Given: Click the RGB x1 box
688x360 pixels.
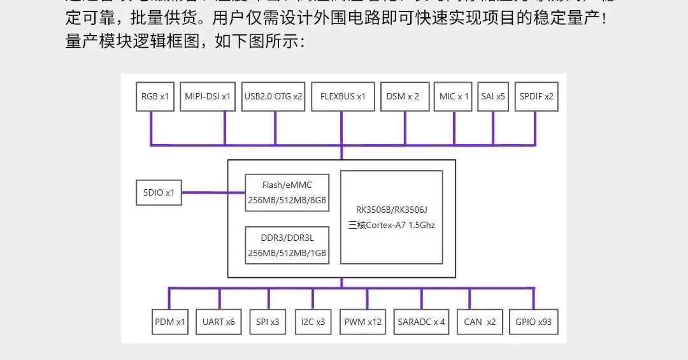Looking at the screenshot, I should click(x=155, y=97).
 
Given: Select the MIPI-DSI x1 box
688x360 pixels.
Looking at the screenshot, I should click(x=208, y=97).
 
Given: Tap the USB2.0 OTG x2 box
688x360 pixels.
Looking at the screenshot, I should click(x=273, y=97).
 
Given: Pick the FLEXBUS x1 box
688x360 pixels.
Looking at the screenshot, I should click(x=343, y=97).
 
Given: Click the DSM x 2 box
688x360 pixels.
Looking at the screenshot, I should click(x=403, y=97).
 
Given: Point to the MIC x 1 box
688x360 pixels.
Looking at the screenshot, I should click(x=454, y=97).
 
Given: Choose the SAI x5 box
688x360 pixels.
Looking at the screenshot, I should click(x=493, y=97).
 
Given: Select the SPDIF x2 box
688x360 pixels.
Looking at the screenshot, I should click(x=536, y=97).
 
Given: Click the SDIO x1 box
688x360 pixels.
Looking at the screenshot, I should click(x=159, y=192).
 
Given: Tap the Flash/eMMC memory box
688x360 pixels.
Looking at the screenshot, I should click(x=287, y=192).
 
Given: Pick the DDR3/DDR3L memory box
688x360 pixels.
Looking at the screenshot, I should click(x=287, y=245).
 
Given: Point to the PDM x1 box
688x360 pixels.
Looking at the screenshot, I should click(x=169, y=322).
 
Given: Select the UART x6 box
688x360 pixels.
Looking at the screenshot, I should click(x=219, y=322).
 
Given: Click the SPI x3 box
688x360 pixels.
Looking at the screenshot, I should click(x=268, y=322).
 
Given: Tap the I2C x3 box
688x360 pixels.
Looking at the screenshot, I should click(x=313, y=322).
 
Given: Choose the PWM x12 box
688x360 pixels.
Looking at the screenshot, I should click(x=362, y=322).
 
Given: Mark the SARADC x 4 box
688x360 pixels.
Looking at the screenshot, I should click(x=421, y=322).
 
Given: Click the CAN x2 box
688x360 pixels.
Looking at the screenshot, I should click(x=480, y=322).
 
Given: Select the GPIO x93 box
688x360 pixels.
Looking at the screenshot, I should click(x=533, y=322).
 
